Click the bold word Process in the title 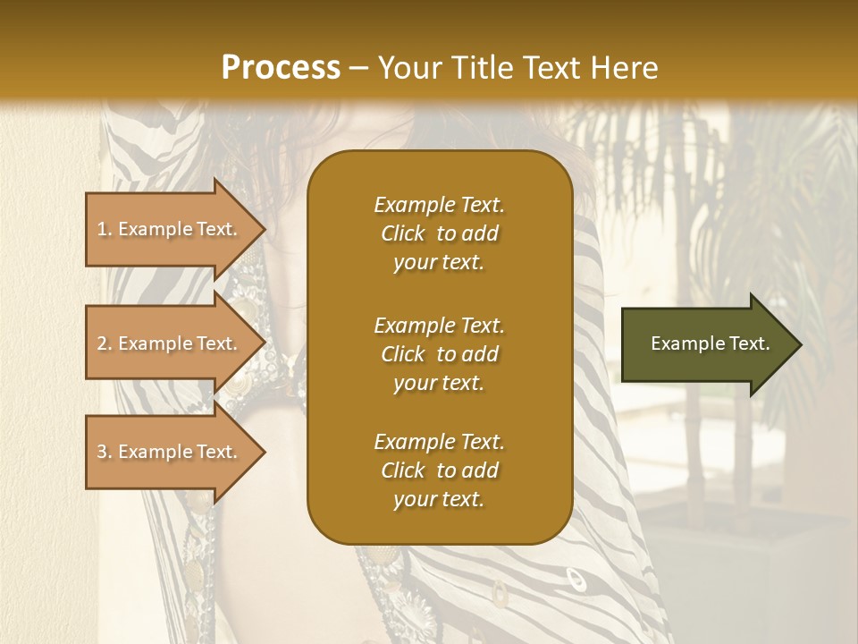[281, 68]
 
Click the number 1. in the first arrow [105, 229]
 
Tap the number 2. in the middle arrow [105, 343]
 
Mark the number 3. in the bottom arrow [105, 452]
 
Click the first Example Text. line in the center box [439, 205]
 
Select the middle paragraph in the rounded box [439, 354]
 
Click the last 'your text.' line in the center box [439, 500]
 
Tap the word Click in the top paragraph [403, 233]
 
